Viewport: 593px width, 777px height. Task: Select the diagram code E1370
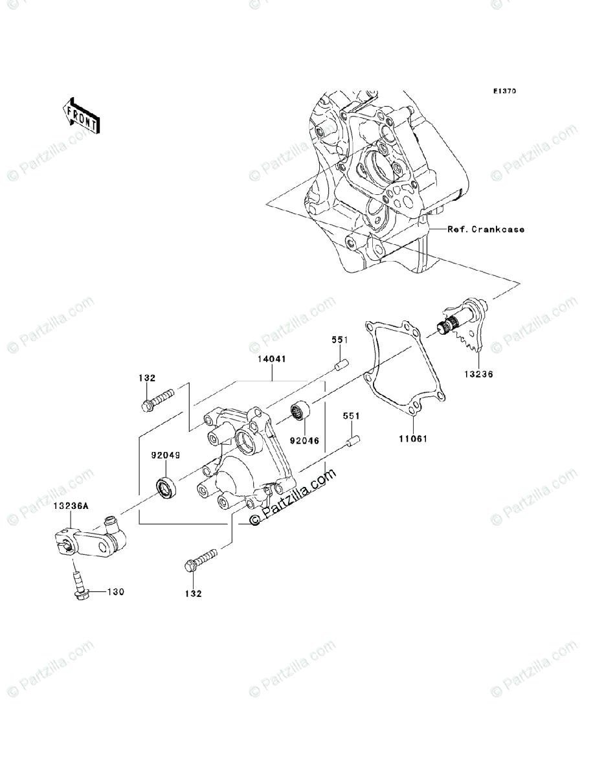[503, 92]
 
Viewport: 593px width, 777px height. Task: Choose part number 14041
[273, 358]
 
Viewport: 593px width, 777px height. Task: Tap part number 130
[115, 592]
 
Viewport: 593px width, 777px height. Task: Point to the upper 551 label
[341, 339]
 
